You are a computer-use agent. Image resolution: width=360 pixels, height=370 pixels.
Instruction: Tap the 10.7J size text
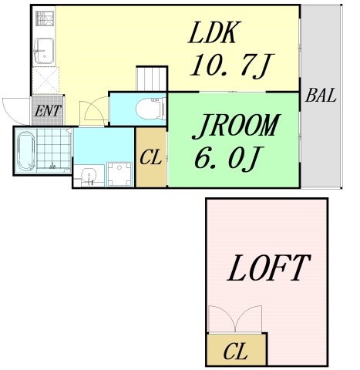coord(232,66)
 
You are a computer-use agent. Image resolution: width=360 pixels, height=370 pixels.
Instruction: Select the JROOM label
coord(236,126)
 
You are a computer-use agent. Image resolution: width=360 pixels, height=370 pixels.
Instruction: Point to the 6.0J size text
coord(226,158)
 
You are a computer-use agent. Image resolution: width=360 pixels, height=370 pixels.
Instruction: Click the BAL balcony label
coord(321,96)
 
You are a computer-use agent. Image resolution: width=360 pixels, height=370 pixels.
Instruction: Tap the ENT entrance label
coord(48,111)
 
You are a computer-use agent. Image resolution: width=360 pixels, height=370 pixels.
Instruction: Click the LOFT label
coord(269,268)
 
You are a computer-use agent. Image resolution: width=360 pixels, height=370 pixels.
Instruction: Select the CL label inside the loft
coord(236,351)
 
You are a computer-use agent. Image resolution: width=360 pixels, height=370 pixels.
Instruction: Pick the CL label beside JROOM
coord(151,157)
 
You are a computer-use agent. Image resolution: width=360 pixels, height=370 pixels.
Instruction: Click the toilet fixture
coord(151,109)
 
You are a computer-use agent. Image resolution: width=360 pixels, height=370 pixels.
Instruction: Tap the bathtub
coord(26,151)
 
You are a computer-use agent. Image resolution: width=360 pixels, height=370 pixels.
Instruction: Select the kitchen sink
coord(44,51)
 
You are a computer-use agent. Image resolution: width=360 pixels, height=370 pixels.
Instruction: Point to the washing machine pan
coord(119,174)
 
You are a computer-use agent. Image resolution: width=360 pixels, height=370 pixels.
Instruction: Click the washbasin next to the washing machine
coord(89,177)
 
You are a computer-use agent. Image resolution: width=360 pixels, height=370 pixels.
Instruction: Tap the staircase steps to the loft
coord(152,79)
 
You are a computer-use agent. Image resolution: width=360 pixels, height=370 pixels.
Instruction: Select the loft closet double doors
coord(235,319)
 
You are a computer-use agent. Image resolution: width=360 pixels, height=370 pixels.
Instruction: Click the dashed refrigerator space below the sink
coord(45,80)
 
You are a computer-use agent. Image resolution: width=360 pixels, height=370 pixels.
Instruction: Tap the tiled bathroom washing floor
coord(53,149)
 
